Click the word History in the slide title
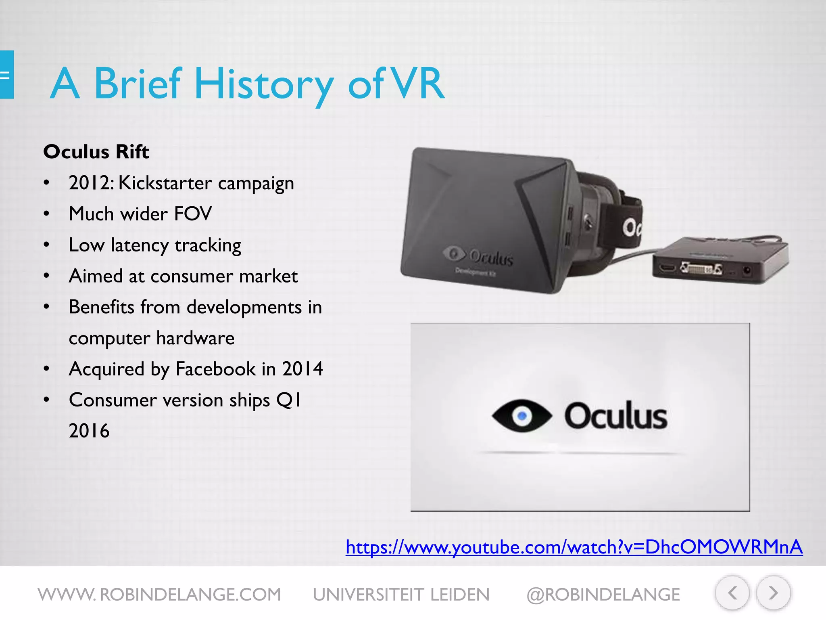(264, 84)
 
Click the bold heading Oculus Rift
(96, 152)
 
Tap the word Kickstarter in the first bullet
(165, 183)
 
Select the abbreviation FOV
(192, 214)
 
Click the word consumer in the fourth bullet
(192, 276)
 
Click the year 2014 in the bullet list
(302, 369)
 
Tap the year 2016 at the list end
(89, 431)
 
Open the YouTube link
(574, 547)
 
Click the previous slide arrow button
(732, 593)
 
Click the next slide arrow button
(773, 593)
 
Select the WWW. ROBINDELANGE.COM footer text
(159, 595)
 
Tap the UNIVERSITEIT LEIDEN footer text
(401, 595)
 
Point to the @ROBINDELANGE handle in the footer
(603, 595)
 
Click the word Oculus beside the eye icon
(615, 416)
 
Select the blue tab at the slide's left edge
(6, 75)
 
